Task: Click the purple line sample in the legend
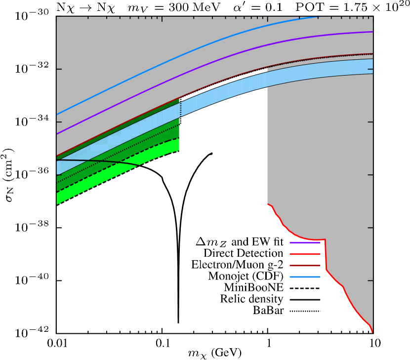click(305, 242)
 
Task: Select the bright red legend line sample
click(305, 254)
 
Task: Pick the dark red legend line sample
click(305, 265)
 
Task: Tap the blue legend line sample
click(305, 277)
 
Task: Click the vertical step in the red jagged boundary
click(326, 254)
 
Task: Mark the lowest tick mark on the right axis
click(370, 280)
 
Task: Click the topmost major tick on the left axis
click(59, 69)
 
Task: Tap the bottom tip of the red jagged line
click(372, 332)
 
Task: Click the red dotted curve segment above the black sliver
click(222, 80)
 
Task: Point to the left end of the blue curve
click(57, 114)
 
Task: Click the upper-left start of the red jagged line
click(268, 204)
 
